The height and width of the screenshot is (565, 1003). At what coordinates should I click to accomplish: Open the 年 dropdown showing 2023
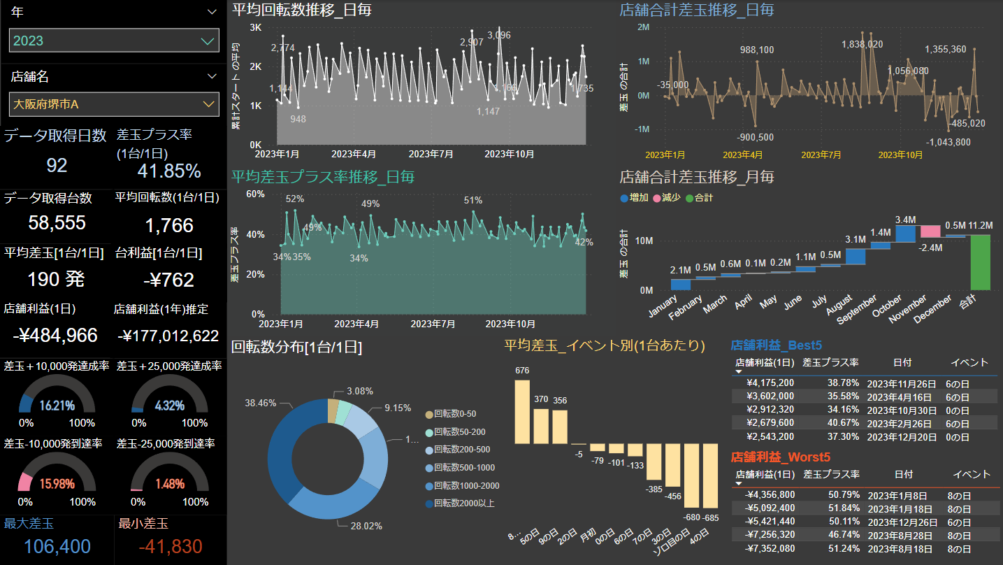coord(114,41)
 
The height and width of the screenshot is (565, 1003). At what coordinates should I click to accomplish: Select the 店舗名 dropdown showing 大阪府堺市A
coord(114,104)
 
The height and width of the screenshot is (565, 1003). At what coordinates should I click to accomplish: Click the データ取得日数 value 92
coord(57,165)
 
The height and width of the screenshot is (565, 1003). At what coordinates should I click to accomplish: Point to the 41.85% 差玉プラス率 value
coord(169,171)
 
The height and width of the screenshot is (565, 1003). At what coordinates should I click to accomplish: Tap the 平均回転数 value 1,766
coord(169,225)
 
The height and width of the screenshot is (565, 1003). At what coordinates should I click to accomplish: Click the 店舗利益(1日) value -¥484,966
coord(55,336)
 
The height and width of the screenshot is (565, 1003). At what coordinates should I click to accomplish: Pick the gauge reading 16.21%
coord(57,406)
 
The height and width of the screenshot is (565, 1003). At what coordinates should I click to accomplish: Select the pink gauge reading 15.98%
coord(57,484)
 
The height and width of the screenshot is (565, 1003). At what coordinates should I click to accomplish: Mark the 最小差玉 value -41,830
coord(160,547)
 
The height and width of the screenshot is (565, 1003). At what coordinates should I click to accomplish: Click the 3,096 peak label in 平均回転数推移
coord(499,35)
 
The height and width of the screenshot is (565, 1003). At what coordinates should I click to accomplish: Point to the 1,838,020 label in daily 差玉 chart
coord(862,44)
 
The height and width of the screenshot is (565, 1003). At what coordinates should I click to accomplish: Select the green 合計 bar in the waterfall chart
coord(981,262)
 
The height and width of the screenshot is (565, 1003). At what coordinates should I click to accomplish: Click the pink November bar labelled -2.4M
coord(930,231)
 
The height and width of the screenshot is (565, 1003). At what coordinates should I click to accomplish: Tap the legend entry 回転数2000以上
coord(464,503)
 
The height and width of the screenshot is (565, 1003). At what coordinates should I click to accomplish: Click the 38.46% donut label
coord(259,403)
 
